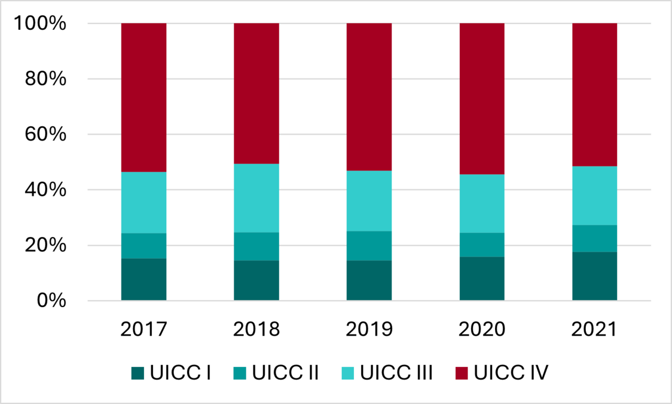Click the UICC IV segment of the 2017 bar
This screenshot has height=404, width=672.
[144, 97]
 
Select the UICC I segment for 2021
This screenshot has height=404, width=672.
[595, 276]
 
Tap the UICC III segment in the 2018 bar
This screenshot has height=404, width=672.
[256, 198]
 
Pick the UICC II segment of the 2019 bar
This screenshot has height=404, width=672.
[369, 245]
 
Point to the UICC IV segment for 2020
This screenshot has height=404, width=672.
[482, 99]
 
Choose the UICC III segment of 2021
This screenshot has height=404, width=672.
[595, 196]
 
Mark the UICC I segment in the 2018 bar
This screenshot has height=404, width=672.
[256, 280]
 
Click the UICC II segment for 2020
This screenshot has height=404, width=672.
[482, 245]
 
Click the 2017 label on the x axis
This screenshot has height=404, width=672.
[144, 329]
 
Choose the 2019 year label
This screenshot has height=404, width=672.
[369, 329]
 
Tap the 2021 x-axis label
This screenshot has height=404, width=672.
[595, 329]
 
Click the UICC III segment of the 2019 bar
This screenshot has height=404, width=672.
[369, 201]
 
